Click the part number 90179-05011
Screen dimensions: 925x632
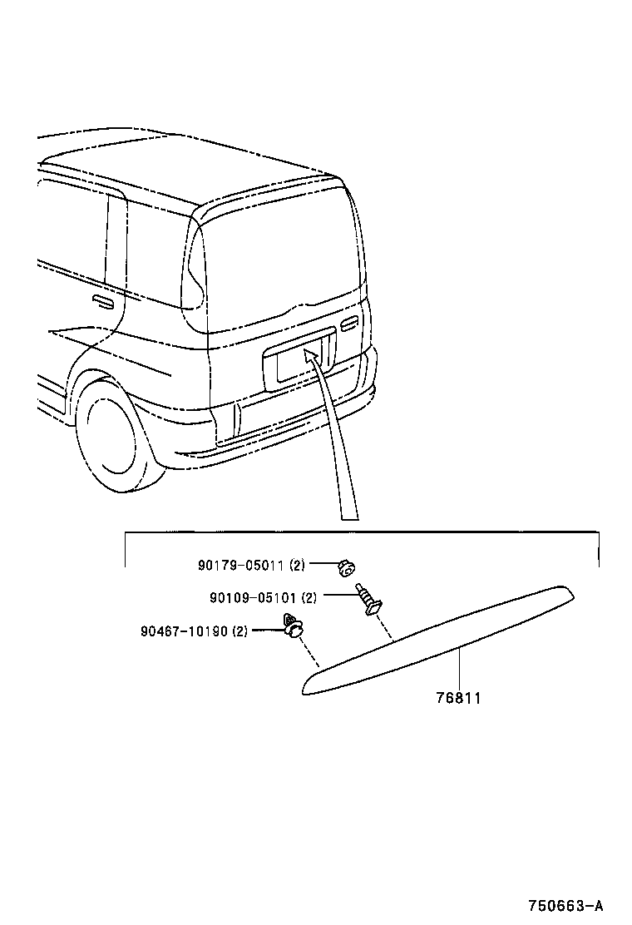[x=241, y=566]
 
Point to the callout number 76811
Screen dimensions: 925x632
[x=458, y=699]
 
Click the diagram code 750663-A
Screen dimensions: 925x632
[x=565, y=905]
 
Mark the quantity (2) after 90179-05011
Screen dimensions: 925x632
[x=298, y=566]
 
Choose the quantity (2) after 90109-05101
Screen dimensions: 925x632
[x=309, y=597]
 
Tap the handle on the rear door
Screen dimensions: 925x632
[x=350, y=321]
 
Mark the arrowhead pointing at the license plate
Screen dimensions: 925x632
[x=310, y=356]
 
